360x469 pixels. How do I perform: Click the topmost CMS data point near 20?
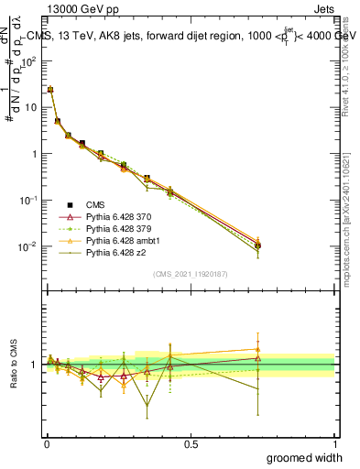click(50, 90)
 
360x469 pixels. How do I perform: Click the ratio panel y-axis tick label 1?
click(36, 365)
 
